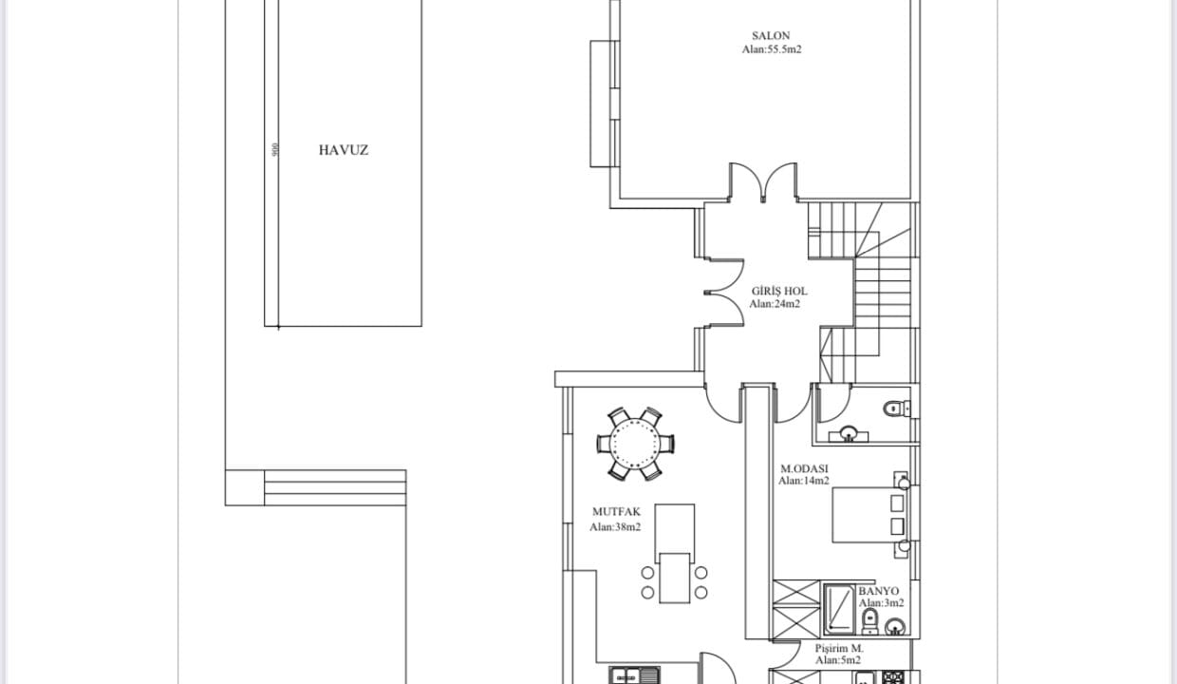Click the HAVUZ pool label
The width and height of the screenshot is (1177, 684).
(x=343, y=150)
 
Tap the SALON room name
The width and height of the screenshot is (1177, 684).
(x=771, y=36)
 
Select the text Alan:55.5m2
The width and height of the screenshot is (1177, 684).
(x=772, y=49)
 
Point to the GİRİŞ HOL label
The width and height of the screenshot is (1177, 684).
(x=779, y=291)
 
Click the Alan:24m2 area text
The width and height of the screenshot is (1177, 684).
(x=775, y=304)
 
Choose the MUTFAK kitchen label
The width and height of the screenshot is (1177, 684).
(x=616, y=511)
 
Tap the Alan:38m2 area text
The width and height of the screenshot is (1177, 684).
(x=615, y=527)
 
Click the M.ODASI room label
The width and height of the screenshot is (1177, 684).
(x=804, y=468)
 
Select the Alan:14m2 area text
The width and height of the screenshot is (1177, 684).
(x=803, y=481)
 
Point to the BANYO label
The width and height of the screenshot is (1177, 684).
(x=879, y=591)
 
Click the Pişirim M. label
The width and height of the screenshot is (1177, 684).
(x=839, y=648)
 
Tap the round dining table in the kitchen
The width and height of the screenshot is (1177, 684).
(x=635, y=444)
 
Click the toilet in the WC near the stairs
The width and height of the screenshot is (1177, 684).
(x=896, y=408)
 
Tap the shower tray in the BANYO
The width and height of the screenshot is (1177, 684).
(x=839, y=609)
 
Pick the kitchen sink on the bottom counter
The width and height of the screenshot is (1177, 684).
(x=634, y=675)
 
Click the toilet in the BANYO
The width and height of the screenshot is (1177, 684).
(x=869, y=621)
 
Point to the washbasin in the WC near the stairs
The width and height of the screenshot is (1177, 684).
(x=848, y=434)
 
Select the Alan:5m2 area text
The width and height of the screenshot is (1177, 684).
(x=837, y=660)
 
